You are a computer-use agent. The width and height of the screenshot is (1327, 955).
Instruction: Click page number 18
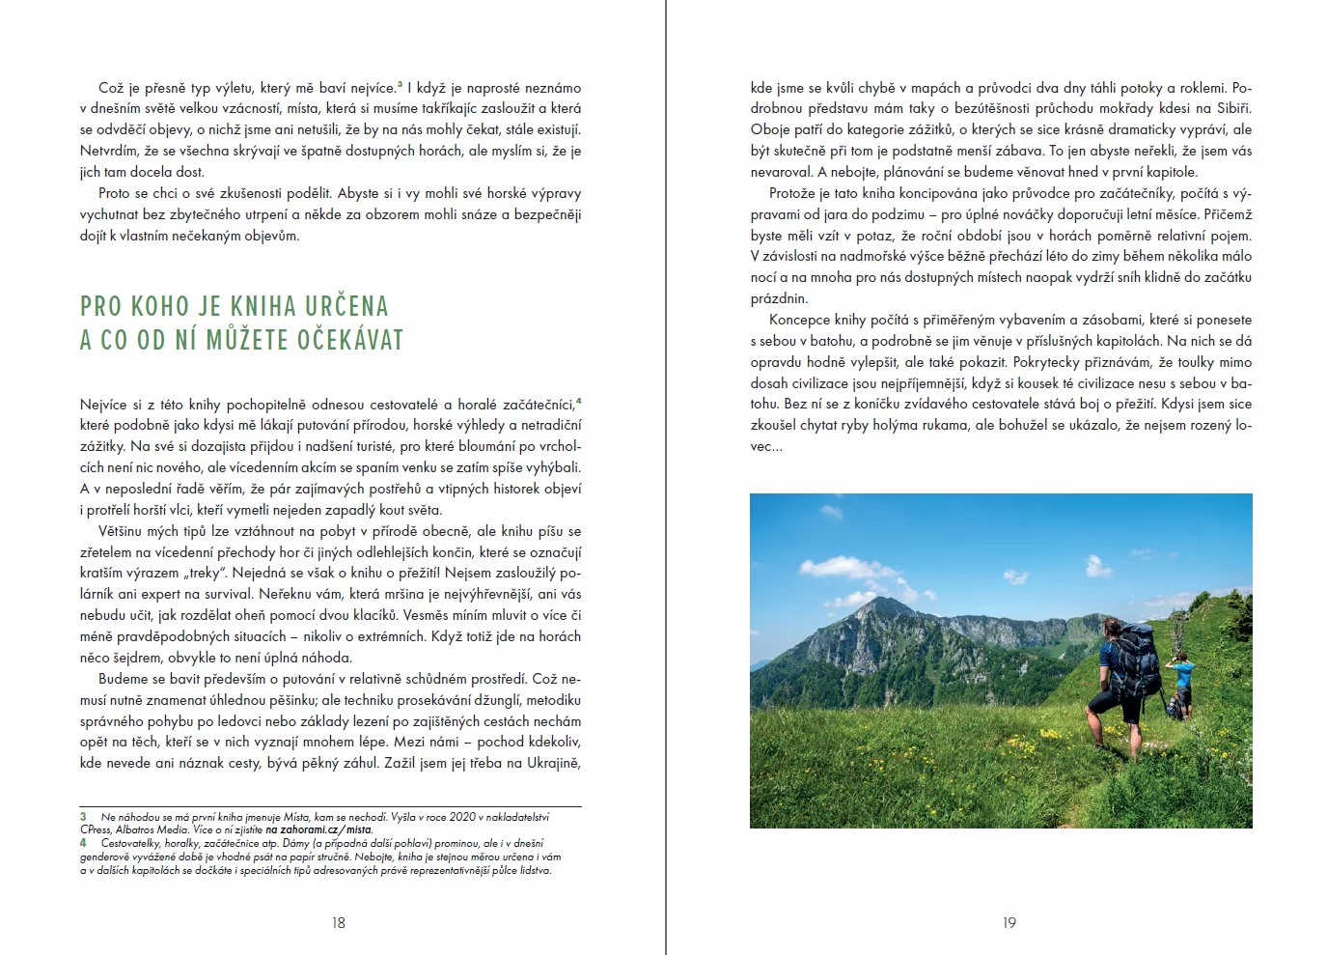click(x=338, y=923)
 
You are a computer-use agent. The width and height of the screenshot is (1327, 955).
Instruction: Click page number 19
click(x=1009, y=923)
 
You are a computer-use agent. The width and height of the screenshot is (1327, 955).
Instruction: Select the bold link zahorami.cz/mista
click(x=319, y=829)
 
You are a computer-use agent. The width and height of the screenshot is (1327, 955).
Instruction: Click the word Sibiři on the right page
click(x=1229, y=108)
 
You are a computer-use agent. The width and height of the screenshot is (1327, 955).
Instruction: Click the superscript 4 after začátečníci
click(x=578, y=401)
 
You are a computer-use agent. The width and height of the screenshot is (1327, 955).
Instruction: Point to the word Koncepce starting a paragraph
click(x=799, y=320)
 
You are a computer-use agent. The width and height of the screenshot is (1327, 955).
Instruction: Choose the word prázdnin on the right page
click(x=779, y=298)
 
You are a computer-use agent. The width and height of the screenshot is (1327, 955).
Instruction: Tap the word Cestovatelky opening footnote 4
click(x=131, y=843)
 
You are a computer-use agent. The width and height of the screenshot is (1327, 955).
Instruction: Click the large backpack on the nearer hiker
click(x=1136, y=660)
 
